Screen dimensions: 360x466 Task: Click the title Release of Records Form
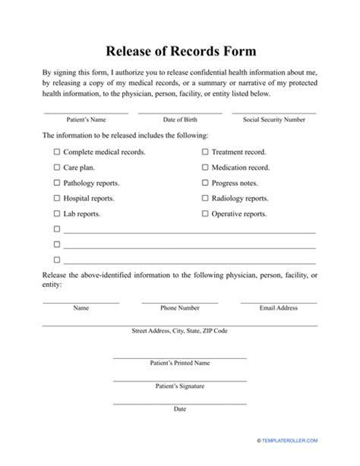(180, 52)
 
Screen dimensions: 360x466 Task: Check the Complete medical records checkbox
(57, 152)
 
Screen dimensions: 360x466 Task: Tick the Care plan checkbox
(57, 168)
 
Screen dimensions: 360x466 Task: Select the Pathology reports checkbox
(57, 183)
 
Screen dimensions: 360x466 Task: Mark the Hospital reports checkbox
(57, 199)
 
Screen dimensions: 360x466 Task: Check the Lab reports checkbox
(57, 214)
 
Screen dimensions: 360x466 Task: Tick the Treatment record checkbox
(205, 152)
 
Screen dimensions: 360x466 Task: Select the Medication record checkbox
(205, 168)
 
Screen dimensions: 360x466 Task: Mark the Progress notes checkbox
(205, 183)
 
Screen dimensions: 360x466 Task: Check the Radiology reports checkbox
(205, 199)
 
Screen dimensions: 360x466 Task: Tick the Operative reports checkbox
(205, 214)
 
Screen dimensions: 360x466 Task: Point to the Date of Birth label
(180, 120)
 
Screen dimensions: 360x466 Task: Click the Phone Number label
(180, 309)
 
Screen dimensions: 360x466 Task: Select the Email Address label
(279, 309)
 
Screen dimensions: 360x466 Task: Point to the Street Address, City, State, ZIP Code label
(180, 331)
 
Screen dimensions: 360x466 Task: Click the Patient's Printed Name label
(180, 364)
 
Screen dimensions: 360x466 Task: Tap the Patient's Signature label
(180, 386)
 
